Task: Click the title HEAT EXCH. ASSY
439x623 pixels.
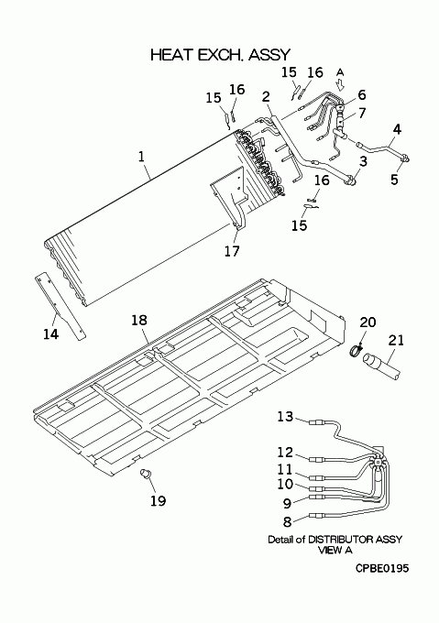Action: [221, 55]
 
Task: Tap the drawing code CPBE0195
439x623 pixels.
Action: [382, 569]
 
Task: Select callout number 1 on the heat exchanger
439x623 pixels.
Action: [141, 156]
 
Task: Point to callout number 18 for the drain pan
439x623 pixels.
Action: [139, 321]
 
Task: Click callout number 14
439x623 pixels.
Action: [50, 334]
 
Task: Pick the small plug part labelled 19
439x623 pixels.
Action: [146, 474]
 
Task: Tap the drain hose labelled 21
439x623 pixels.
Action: [381, 366]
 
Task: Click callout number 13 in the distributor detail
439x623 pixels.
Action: [285, 416]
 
